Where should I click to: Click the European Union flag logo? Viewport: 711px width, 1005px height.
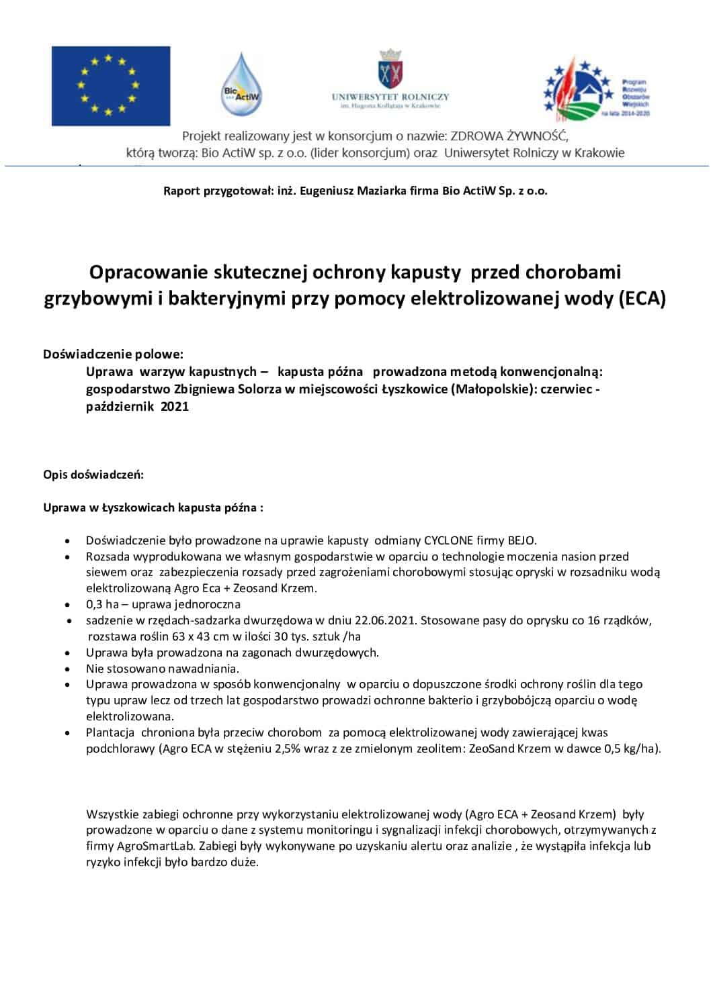(111, 86)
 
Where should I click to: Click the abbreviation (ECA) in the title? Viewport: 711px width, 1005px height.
(642, 298)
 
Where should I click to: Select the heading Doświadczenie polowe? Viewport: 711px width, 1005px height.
(113, 354)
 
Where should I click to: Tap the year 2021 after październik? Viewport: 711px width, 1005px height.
(175, 406)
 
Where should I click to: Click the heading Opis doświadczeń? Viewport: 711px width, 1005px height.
(93, 475)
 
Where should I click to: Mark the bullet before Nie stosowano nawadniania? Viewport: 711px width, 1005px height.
(69, 669)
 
